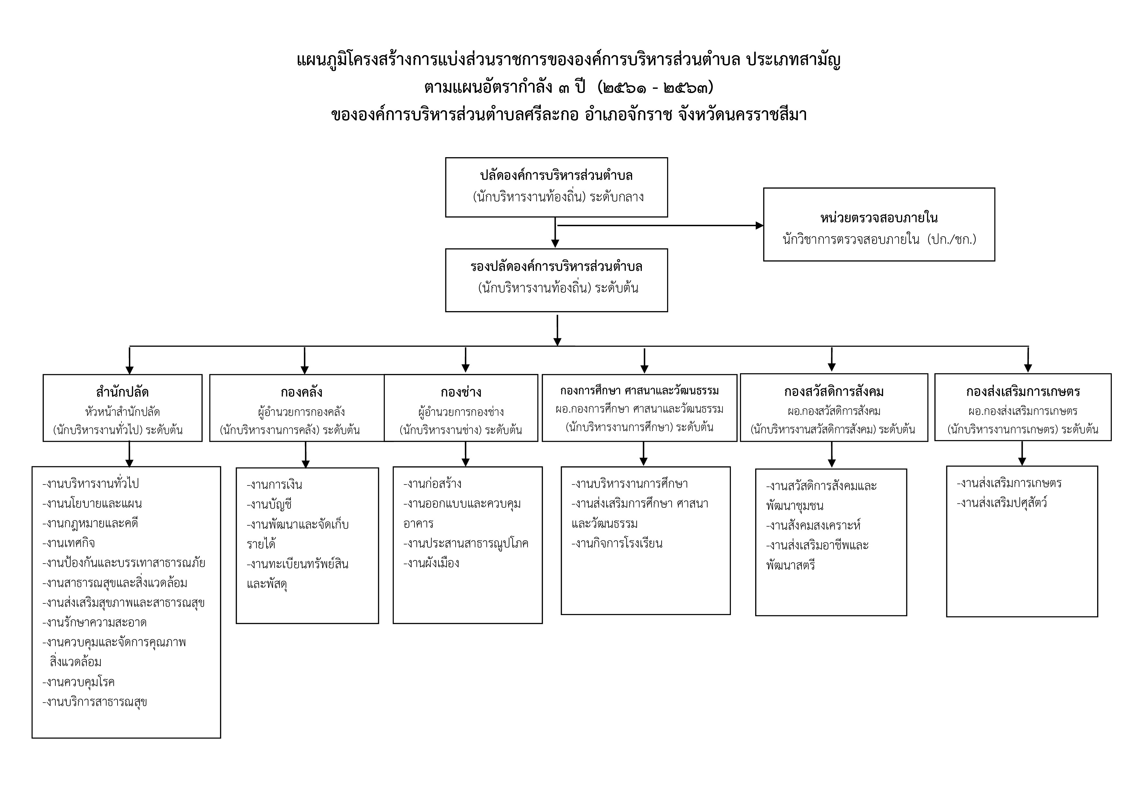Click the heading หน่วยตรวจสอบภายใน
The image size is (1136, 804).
[x=879, y=218]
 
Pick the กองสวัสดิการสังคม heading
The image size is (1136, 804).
[x=834, y=391]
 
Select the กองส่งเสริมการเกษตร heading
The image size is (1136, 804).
[x=1023, y=391]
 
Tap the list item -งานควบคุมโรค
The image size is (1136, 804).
[x=79, y=682]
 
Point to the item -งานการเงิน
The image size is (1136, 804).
[x=275, y=485]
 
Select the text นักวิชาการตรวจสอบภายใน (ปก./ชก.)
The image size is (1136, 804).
[x=879, y=239]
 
